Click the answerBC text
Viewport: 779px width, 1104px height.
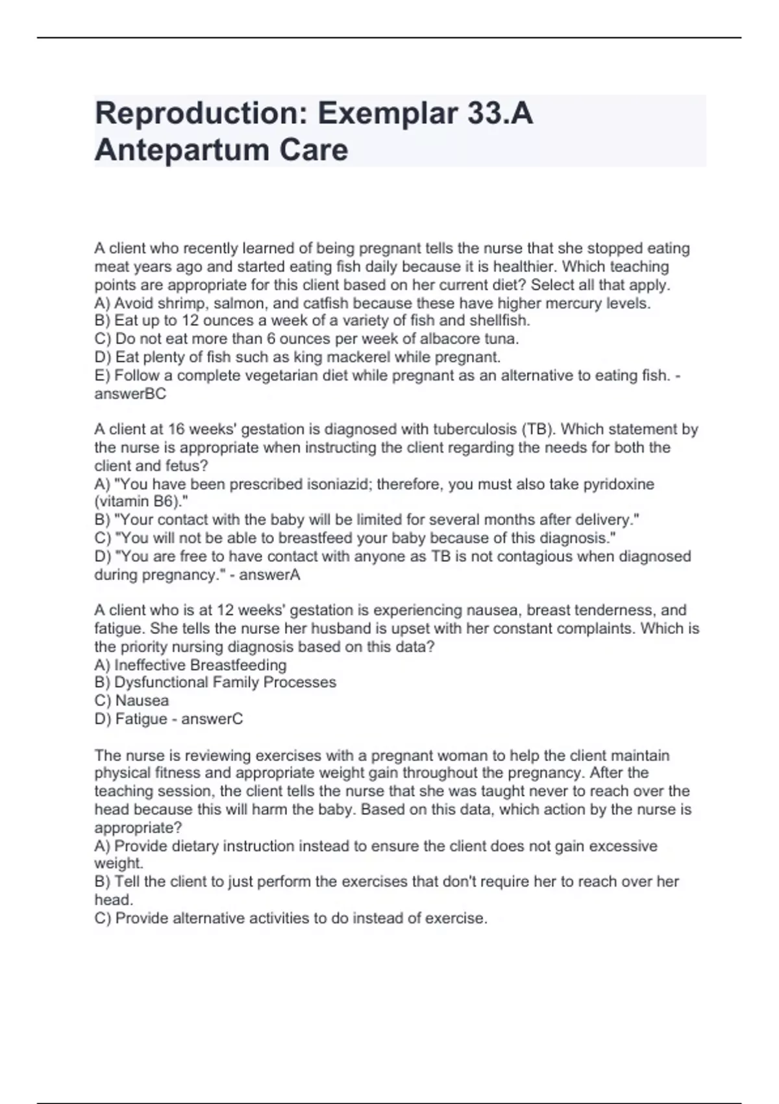coord(130,394)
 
